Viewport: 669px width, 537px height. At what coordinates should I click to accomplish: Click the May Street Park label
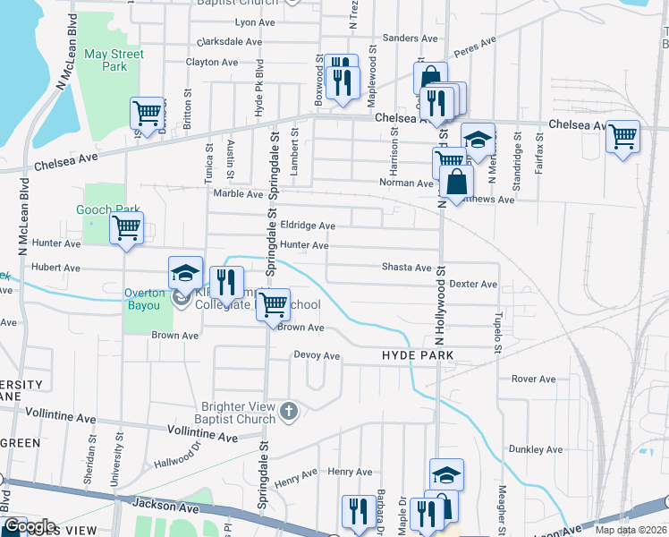(x=114, y=60)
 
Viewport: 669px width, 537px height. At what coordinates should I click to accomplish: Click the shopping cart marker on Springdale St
(x=273, y=303)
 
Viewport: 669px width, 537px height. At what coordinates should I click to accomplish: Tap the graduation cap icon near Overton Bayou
(x=185, y=272)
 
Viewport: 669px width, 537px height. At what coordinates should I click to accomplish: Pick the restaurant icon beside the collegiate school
(x=226, y=282)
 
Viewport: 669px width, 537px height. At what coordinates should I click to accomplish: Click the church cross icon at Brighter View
(x=288, y=412)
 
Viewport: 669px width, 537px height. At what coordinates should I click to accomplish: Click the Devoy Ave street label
(x=318, y=355)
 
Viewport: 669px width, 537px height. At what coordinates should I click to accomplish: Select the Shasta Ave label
(x=407, y=268)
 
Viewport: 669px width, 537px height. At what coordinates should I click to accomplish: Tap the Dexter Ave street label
(x=473, y=284)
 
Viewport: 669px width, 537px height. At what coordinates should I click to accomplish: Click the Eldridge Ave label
(x=308, y=226)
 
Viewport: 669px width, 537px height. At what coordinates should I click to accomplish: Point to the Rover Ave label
(x=534, y=379)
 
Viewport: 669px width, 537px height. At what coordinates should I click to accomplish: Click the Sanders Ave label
(x=410, y=38)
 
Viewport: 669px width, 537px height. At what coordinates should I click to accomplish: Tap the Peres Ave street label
(x=475, y=45)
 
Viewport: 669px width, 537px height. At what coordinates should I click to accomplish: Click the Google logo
(x=30, y=526)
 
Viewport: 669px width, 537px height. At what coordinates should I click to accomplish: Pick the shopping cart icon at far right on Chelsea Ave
(x=622, y=137)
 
